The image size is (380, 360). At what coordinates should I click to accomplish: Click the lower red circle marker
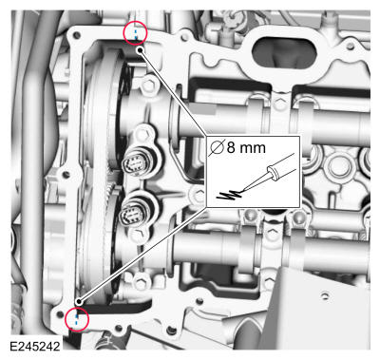pos(77,319)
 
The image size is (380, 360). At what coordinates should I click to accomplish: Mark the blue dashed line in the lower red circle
pos(77,320)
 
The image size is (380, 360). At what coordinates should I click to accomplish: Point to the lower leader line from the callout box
pos(142,256)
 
